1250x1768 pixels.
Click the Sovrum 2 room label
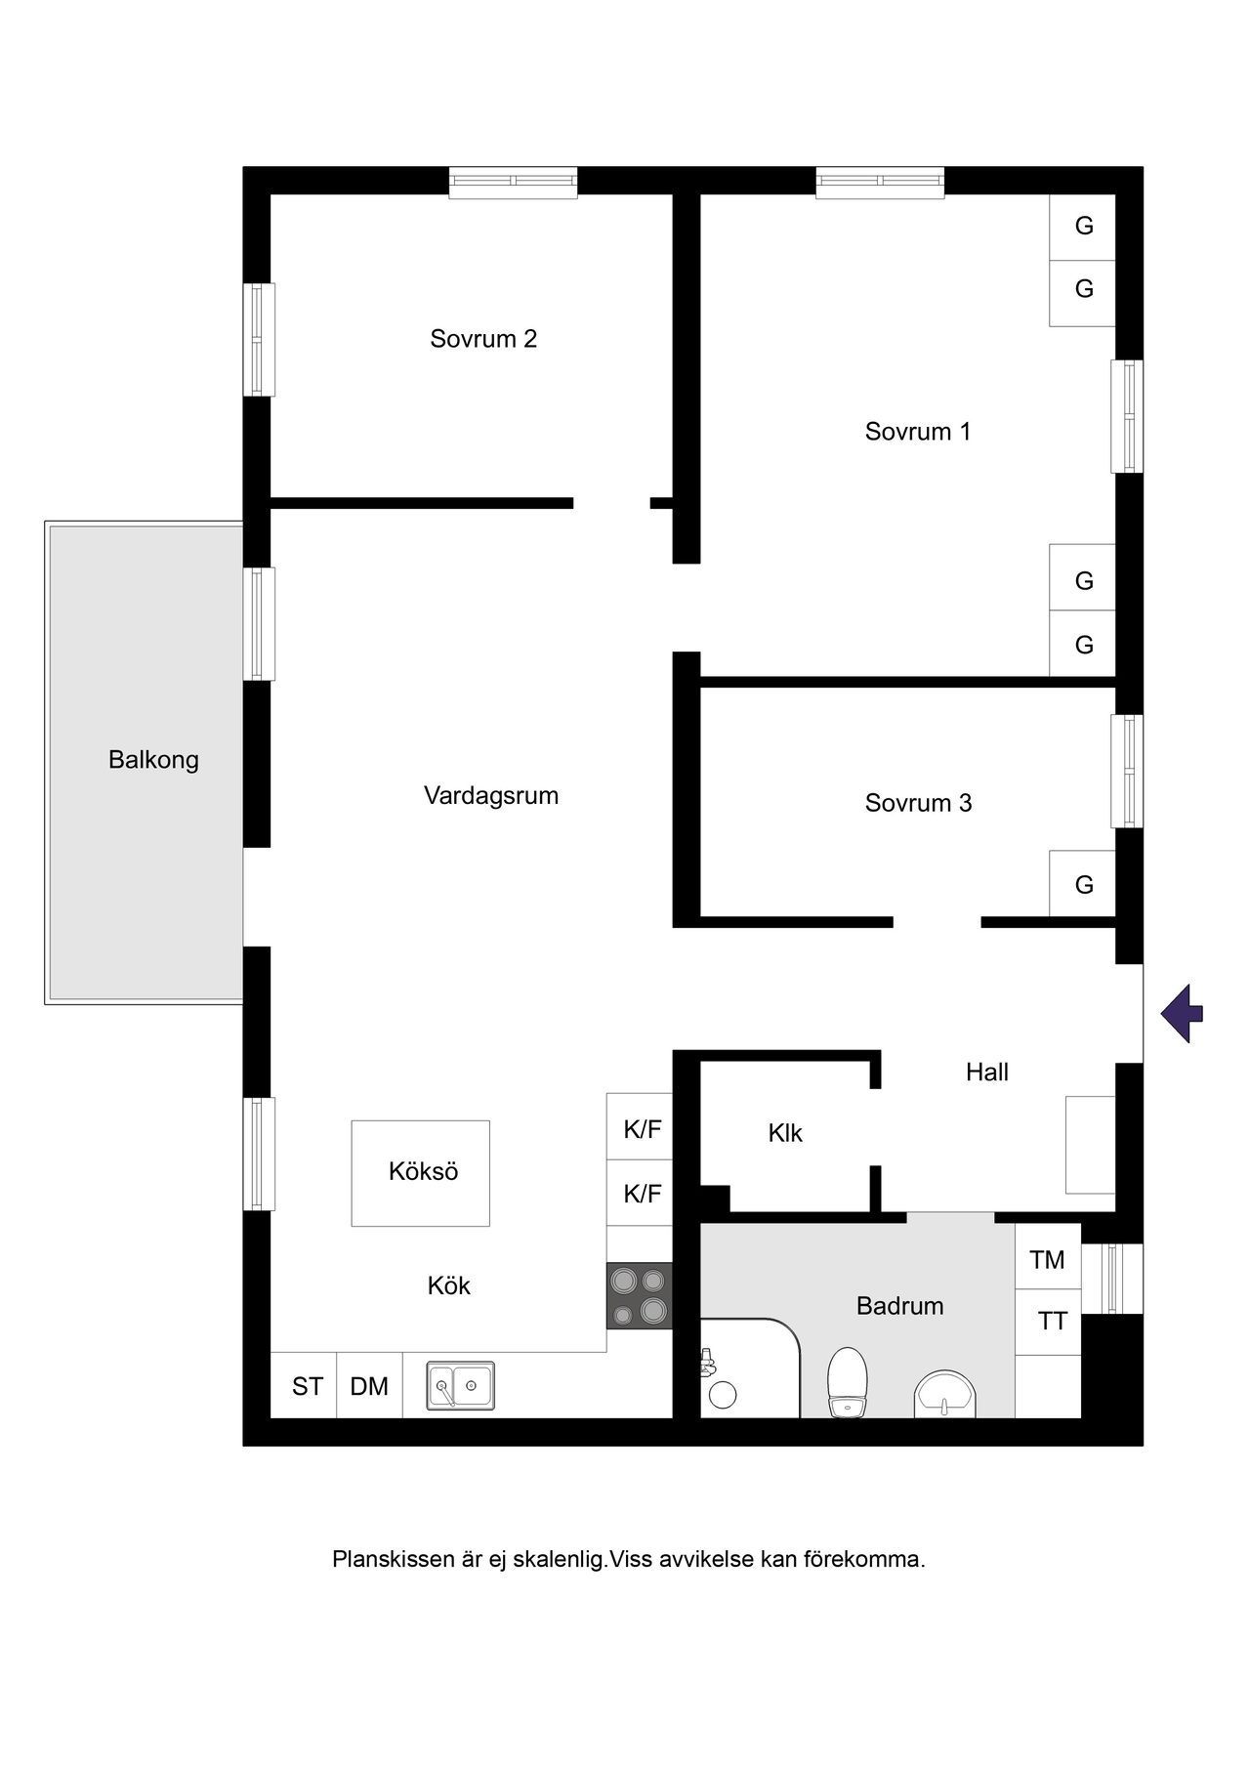click(x=483, y=339)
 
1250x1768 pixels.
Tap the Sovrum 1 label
click(x=918, y=431)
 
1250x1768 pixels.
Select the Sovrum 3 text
click(x=918, y=803)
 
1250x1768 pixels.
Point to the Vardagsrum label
click(x=491, y=796)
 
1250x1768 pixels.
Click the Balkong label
click(x=153, y=760)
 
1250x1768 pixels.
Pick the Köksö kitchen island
click(x=421, y=1173)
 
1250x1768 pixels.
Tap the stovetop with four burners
click(x=640, y=1296)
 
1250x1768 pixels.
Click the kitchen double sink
click(x=461, y=1386)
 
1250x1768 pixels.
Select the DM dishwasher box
click(x=369, y=1385)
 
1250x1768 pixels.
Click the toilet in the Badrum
click(x=847, y=1382)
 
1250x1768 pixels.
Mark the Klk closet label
click(x=785, y=1133)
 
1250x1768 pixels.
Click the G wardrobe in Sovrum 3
click(x=1083, y=884)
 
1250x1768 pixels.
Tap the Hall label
click(x=987, y=1073)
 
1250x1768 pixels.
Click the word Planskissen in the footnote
click(x=396, y=1559)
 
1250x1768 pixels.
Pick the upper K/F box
click(x=640, y=1126)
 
